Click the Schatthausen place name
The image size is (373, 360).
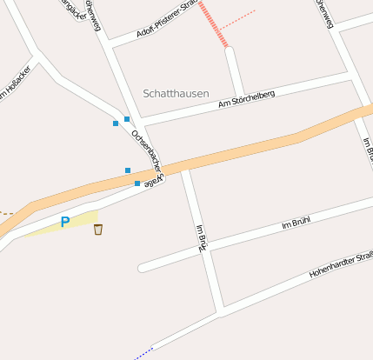177,92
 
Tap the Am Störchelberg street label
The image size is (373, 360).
247,99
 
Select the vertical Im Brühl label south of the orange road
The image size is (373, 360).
200,237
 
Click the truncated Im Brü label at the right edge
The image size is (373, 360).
367,150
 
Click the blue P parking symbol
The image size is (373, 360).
64,223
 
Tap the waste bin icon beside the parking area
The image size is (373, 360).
98,230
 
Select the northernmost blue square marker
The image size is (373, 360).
127,118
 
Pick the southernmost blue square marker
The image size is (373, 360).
137,183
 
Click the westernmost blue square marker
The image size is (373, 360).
116,123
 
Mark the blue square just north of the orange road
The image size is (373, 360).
128,170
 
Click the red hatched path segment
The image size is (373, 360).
213,23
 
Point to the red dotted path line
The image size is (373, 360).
243,17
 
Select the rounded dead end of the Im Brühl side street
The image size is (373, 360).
143,267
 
